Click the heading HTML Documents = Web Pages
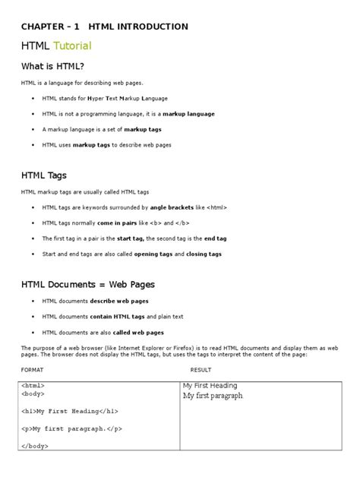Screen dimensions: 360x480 (88, 284)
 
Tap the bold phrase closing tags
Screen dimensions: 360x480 (204, 254)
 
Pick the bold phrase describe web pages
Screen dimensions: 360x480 (121, 302)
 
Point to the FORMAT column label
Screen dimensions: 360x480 (32, 369)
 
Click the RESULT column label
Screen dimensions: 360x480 (201, 369)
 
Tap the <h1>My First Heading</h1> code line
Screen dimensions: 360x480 (71, 412)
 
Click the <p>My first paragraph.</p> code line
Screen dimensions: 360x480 (71, 429)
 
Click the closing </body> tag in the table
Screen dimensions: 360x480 (36, 447)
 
